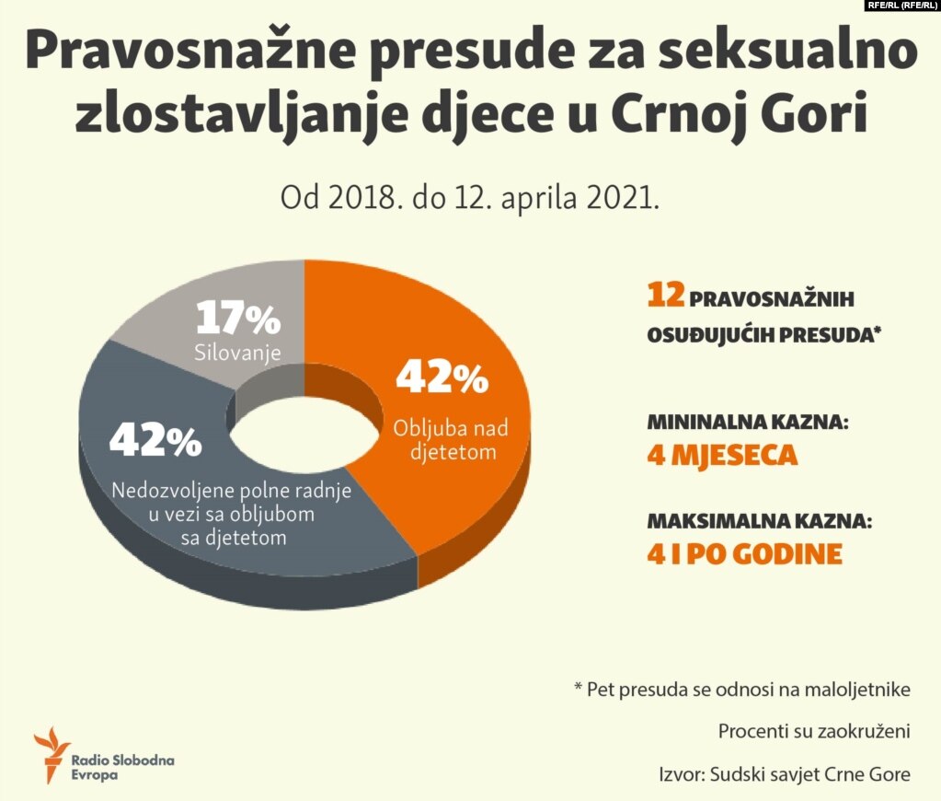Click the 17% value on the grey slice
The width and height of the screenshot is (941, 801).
pos(237,319)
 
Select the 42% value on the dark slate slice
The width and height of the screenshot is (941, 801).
pos(155,440)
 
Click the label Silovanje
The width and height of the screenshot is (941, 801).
pos(237,352)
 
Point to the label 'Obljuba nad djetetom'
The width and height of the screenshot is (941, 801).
pos(450,439)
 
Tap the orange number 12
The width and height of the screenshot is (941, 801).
pos(665,296)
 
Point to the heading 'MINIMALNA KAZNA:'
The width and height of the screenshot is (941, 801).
pos(747,425)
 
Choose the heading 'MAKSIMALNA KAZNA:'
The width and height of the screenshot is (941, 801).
pos(758,522)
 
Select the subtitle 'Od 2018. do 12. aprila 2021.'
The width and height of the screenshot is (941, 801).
pos(470,198)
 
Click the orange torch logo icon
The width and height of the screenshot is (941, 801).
pos(51,750)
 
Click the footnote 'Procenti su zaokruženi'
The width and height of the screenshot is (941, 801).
pos(814,732)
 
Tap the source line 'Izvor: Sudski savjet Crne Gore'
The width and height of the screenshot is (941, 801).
pos(785,774)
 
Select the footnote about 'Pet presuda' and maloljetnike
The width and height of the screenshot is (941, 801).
pos(741,690)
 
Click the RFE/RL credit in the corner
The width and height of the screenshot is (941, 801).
pos(901,6)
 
